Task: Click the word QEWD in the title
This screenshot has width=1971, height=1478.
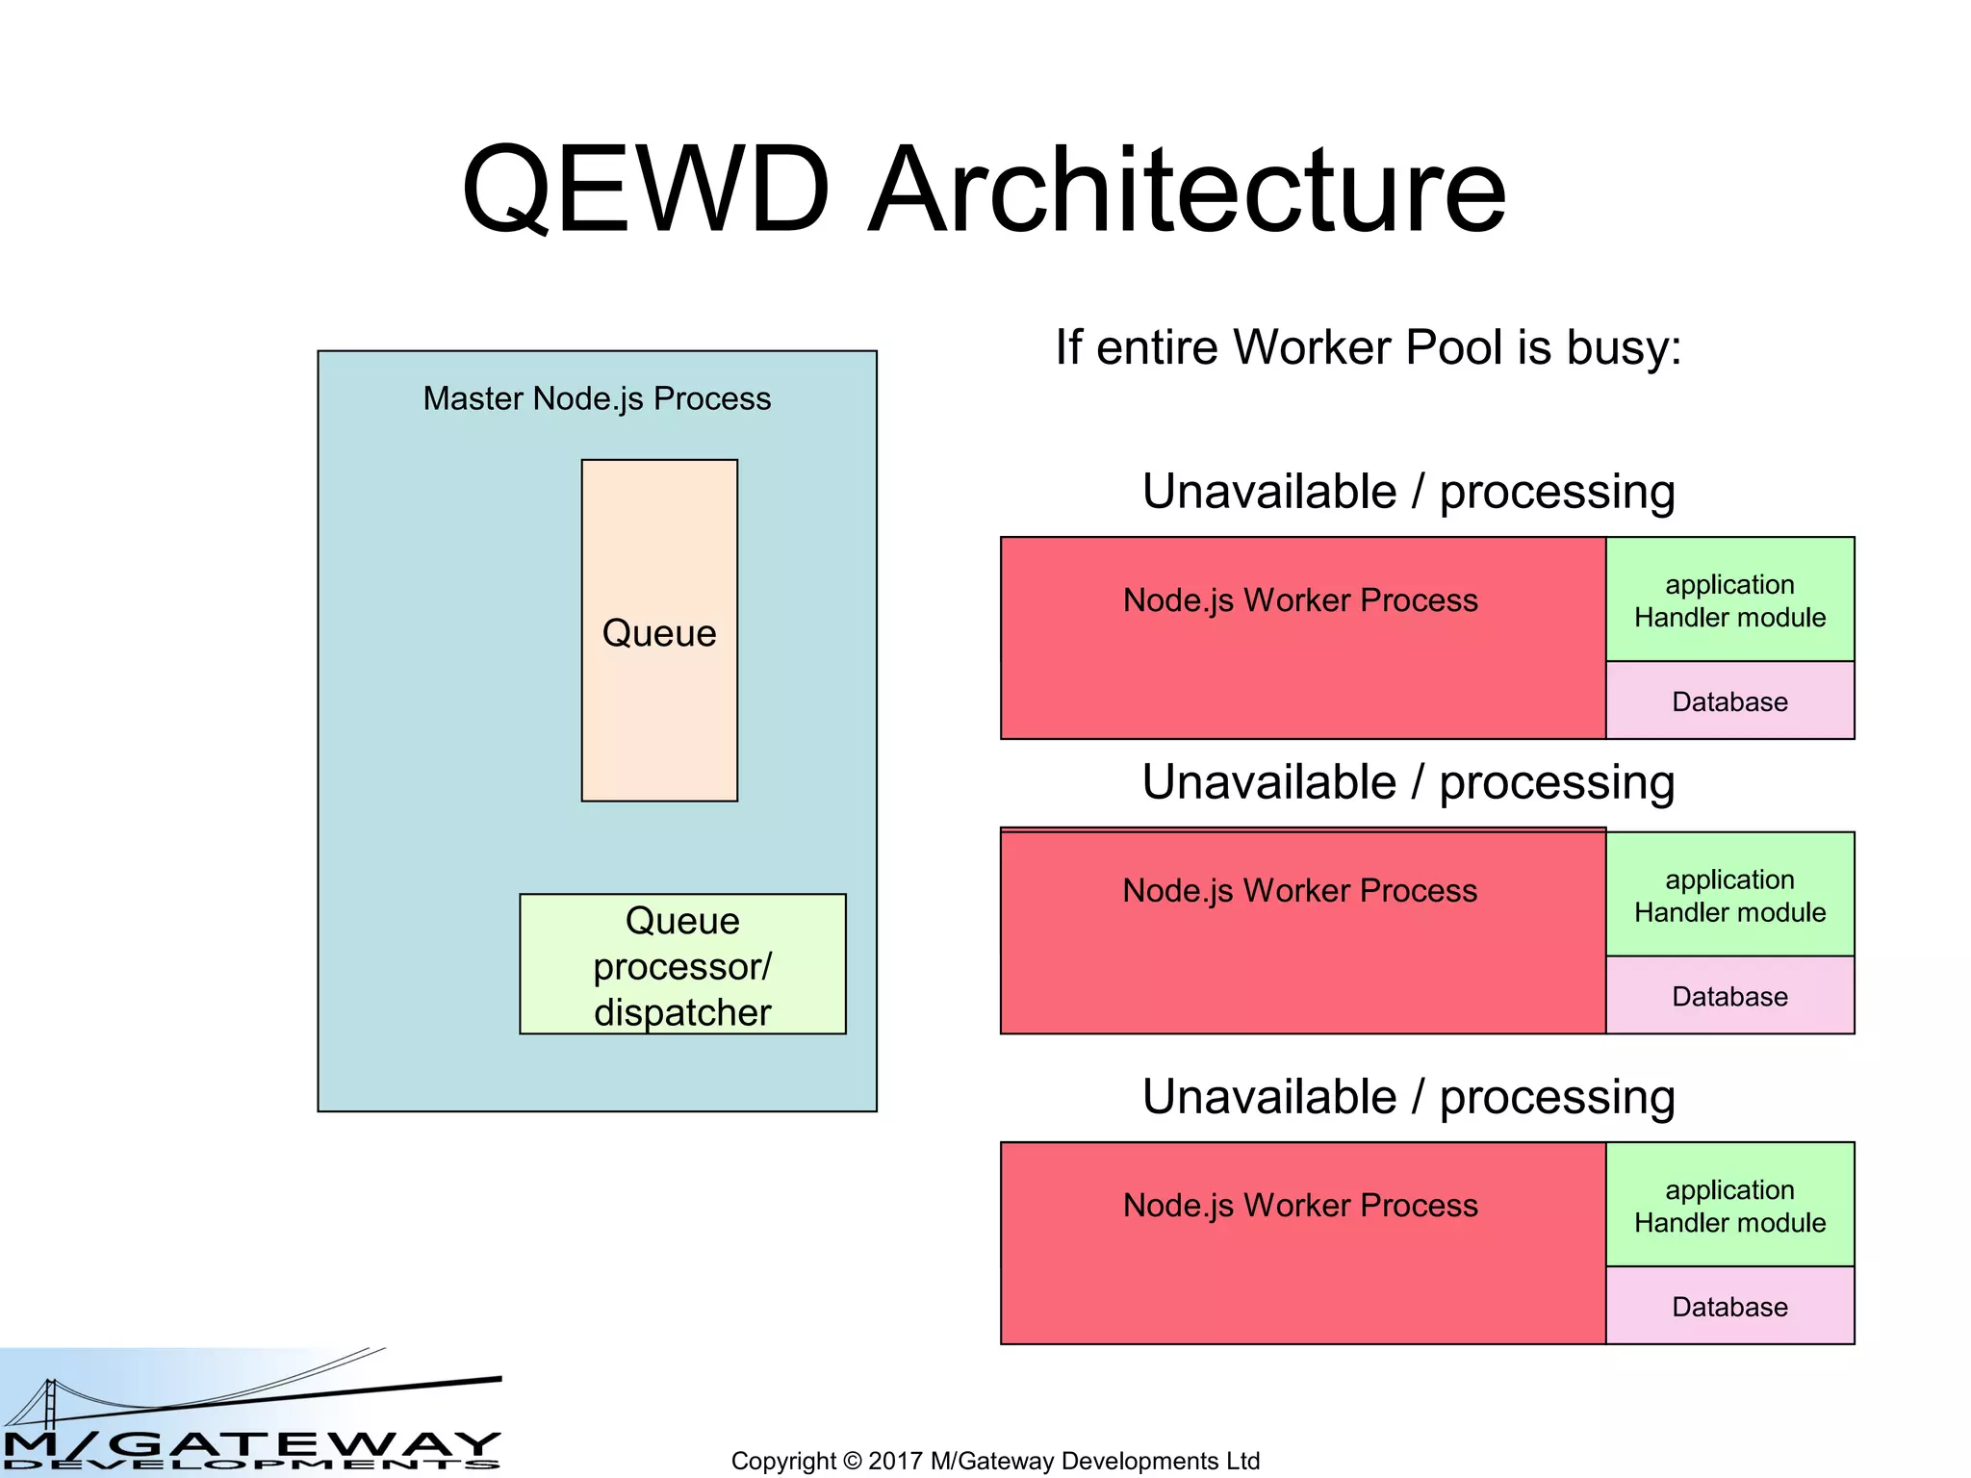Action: [x=645, y=190]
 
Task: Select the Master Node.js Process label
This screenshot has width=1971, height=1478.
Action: [x=597, y=398]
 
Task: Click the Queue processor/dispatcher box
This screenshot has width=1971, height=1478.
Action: [x=682, y=965]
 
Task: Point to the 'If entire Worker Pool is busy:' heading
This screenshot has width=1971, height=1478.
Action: [x=1368, y=347]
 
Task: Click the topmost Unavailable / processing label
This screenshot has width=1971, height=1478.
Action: [x=1408, y=492]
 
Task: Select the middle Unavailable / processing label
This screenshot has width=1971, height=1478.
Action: [x=1408, y=782]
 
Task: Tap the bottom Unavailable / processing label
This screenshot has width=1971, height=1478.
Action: [x=1408, y=1097]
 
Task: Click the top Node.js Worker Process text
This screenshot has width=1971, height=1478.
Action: [x=1300, y=600]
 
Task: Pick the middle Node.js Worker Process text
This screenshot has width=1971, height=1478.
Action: [x=1300, y=891]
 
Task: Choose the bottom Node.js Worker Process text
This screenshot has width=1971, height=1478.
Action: [x=1300, y=1206]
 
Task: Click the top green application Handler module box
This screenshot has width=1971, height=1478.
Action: [x=1729, y=600]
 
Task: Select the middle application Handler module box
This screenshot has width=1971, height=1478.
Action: [x=1729, y=895]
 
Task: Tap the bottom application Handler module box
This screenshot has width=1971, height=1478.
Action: [x=1729, y=1206]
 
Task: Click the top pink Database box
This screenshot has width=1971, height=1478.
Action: [x=1729, y=701]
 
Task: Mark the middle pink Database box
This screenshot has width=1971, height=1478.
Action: [x=1729, y=996]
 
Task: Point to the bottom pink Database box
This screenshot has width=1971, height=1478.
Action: [x=1729, y=1307]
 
